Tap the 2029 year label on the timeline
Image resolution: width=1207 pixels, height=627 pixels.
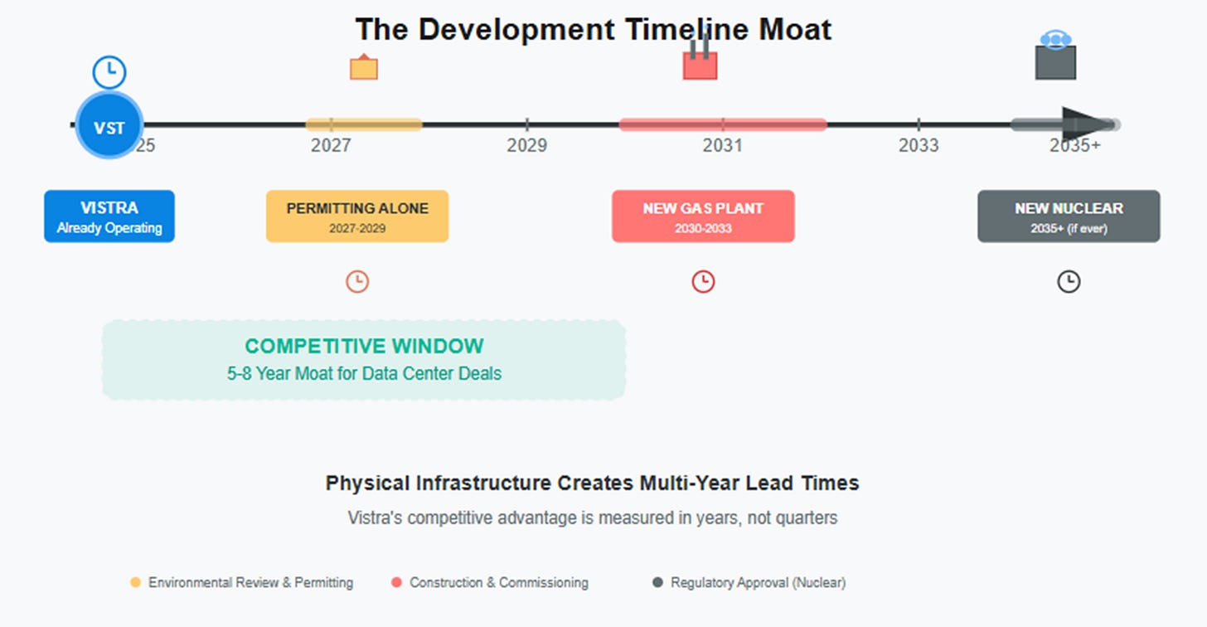coord(527,146)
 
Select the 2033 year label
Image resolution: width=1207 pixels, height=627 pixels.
coord(919,146)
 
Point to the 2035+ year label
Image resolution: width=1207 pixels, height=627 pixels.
coord(1075,146)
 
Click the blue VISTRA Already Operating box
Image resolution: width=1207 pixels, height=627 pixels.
coord(109,216)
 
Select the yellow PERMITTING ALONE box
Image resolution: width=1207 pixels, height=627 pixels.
coord(357,216)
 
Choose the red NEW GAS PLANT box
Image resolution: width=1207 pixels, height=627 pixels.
coord(703,216)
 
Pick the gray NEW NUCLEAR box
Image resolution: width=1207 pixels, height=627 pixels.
coord(1069,216)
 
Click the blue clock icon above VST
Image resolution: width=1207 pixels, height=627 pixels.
coord(109,73)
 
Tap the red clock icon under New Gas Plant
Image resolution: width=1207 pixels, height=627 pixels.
coord(703,282)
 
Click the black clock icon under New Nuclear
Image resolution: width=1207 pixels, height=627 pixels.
coord(1069,282)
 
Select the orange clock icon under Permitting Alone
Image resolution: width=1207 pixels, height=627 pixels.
coord(357,282)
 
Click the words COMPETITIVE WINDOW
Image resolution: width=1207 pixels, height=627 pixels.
coord(364,347)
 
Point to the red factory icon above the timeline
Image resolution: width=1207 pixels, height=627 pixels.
coord(700,62)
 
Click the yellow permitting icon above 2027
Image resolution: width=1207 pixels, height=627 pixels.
coord(364,67)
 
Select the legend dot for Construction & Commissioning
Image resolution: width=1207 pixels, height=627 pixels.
coord(396,583)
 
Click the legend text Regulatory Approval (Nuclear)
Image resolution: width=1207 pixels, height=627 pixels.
coord(758,583)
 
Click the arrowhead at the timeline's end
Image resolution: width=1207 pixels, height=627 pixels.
coord(1088,125)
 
